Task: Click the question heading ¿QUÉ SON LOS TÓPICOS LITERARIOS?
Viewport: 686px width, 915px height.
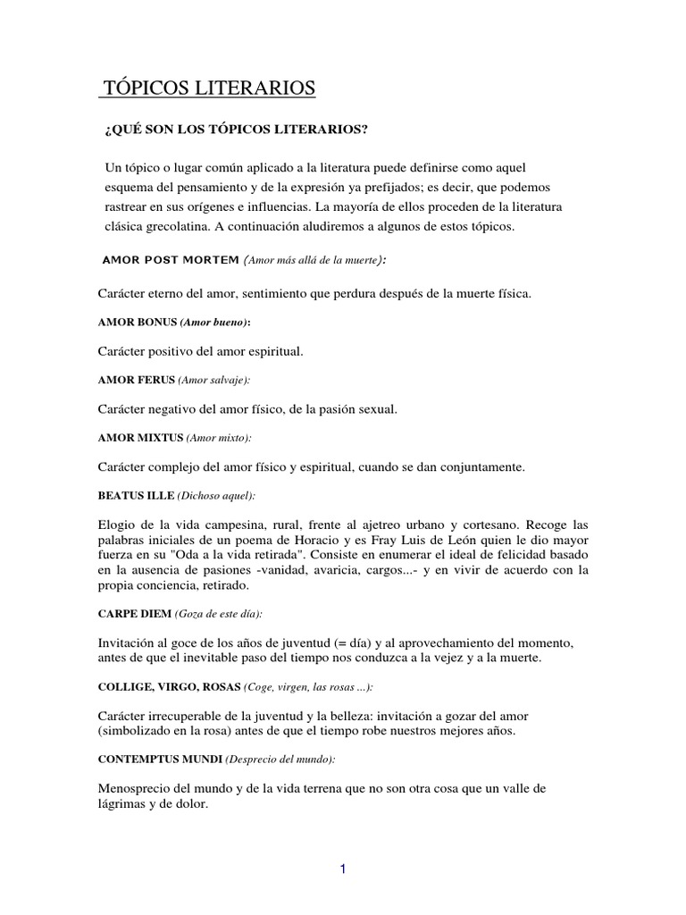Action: [237, 130]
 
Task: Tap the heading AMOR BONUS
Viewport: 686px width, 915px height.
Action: [137, 322]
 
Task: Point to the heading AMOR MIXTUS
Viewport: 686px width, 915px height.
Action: [140, 438]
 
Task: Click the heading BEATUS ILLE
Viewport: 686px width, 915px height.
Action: [135, 496]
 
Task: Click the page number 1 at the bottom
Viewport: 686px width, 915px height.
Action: [343, 871]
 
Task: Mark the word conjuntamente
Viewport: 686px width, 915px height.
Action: [496, 466]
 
